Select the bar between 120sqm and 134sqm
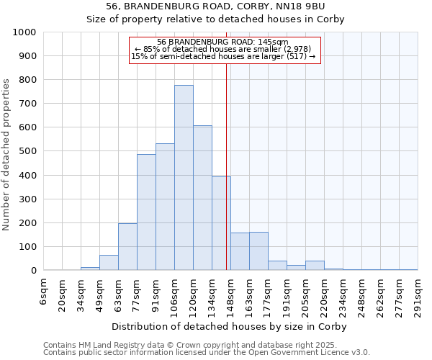(x=202, y=198)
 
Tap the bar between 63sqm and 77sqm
(x=127, y=247)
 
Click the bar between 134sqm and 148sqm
(x=221, y=224)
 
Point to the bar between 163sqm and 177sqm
(x=258, y=251)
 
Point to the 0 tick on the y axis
(x=33, y=271)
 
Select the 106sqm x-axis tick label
(x=174, y=293)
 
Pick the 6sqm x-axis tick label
(x=43, y=291)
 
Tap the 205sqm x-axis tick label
(x=305, y=293)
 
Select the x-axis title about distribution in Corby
(x=230, y=326)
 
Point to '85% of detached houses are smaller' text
(x=222, y=49)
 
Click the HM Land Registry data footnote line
(x=205, y=345)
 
